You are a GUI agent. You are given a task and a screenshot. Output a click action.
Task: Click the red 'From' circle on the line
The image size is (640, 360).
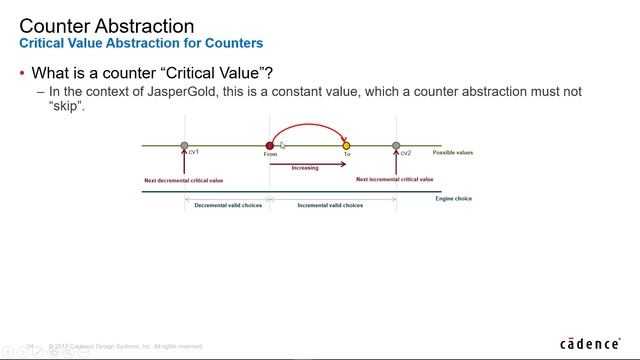270,146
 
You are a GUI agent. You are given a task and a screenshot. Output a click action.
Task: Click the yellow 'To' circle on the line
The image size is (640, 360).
347,146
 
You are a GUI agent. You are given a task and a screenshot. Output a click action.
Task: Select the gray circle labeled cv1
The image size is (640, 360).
184,146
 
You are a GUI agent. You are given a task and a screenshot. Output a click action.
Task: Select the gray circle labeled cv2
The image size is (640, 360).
397,146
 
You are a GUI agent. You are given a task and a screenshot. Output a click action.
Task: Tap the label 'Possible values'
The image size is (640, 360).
452,153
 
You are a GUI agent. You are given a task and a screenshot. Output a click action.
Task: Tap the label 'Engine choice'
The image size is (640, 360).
453,198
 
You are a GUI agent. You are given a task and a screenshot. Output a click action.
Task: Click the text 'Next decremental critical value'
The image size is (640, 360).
183,180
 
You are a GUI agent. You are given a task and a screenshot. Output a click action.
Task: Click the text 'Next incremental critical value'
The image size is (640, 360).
395,180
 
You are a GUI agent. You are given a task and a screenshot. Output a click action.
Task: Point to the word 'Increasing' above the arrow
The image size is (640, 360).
305,168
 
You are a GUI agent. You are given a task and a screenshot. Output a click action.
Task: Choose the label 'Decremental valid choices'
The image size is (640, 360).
226,204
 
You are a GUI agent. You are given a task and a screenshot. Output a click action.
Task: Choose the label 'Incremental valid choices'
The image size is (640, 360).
330,204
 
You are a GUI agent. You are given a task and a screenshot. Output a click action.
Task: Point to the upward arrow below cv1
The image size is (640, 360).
184,165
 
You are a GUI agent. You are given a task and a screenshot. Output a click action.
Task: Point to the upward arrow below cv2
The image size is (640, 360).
397,165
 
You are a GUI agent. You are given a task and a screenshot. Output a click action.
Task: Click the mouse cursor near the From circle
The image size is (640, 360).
282,146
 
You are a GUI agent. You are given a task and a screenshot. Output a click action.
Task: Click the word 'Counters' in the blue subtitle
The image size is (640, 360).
231,43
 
